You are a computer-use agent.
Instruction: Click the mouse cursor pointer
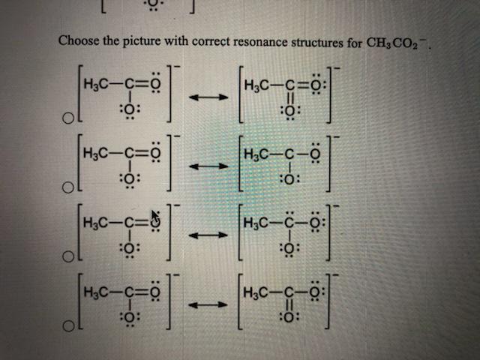pyautogui.click(x=156, y=218)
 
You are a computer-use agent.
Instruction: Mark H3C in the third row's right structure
pyautogui.click(x=256, y=223)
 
